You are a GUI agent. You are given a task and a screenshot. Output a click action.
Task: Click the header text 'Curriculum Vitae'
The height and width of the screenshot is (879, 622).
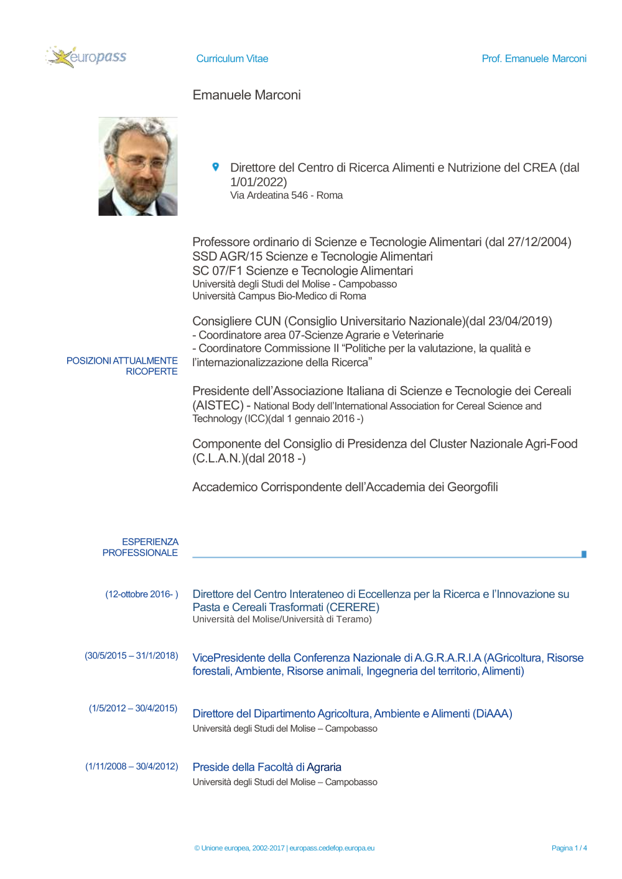232,58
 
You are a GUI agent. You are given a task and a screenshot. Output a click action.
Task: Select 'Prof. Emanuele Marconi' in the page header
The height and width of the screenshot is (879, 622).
534,58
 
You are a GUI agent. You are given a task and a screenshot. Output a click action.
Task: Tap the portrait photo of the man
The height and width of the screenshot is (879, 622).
138,167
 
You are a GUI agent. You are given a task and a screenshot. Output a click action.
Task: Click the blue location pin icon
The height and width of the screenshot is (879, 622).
215,167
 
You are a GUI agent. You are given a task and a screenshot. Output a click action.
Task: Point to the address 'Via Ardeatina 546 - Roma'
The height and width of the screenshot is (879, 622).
286,195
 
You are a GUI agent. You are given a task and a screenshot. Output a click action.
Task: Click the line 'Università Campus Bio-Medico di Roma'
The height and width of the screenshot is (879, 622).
279,296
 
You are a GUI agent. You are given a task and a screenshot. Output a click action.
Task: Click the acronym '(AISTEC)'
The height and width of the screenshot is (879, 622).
218,405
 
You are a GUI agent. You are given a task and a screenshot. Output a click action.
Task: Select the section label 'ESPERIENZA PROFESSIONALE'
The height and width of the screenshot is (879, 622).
141,547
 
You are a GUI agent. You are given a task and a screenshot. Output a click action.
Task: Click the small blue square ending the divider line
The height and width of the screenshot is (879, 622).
583,554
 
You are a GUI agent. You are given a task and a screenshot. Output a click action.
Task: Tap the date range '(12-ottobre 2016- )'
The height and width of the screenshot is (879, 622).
142,594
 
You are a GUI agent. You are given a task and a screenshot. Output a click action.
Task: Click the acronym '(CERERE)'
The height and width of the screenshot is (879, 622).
352,607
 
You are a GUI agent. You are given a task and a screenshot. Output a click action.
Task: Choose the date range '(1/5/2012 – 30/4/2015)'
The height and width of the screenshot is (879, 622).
133,708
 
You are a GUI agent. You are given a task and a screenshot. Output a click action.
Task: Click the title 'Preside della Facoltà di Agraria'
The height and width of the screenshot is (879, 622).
267,767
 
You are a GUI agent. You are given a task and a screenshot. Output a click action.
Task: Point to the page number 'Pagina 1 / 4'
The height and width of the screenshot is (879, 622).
569,848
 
